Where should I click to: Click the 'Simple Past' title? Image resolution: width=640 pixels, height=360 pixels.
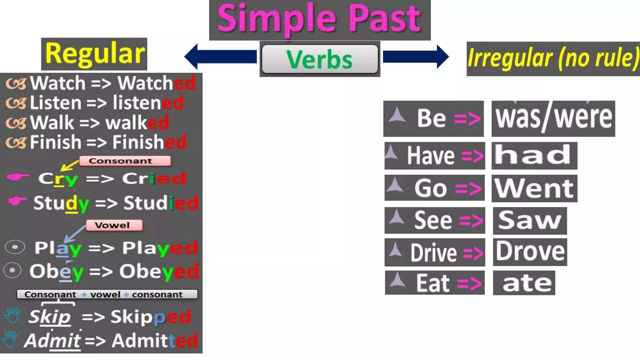(x=319, y=19)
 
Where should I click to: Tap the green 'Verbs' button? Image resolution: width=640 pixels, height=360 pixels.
(x=319, y=59)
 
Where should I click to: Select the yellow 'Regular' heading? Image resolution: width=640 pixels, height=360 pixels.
(x=94, y=54)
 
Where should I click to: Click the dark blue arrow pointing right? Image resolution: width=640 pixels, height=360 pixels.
(x=416, y=57)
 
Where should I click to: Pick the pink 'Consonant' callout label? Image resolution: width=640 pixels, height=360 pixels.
(x=125, y=161)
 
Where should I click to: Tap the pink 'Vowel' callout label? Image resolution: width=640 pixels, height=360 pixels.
(x=114, y=225)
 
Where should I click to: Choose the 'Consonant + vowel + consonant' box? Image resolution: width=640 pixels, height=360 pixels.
(x=107, y=294)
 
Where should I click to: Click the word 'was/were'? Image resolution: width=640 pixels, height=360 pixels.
(x=553, y=118)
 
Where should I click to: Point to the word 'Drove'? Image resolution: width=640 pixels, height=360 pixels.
(x=530, y=252)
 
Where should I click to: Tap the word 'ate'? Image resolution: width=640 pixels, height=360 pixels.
(x=527, y=283)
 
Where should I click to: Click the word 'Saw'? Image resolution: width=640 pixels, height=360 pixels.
(x=529, y=220)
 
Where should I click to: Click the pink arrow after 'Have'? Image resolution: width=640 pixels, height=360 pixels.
(x=472, y=156)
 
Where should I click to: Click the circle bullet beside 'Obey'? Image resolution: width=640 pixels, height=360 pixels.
(x=12, y=270)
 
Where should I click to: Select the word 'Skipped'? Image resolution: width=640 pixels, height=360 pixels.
(x=151, y=317)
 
